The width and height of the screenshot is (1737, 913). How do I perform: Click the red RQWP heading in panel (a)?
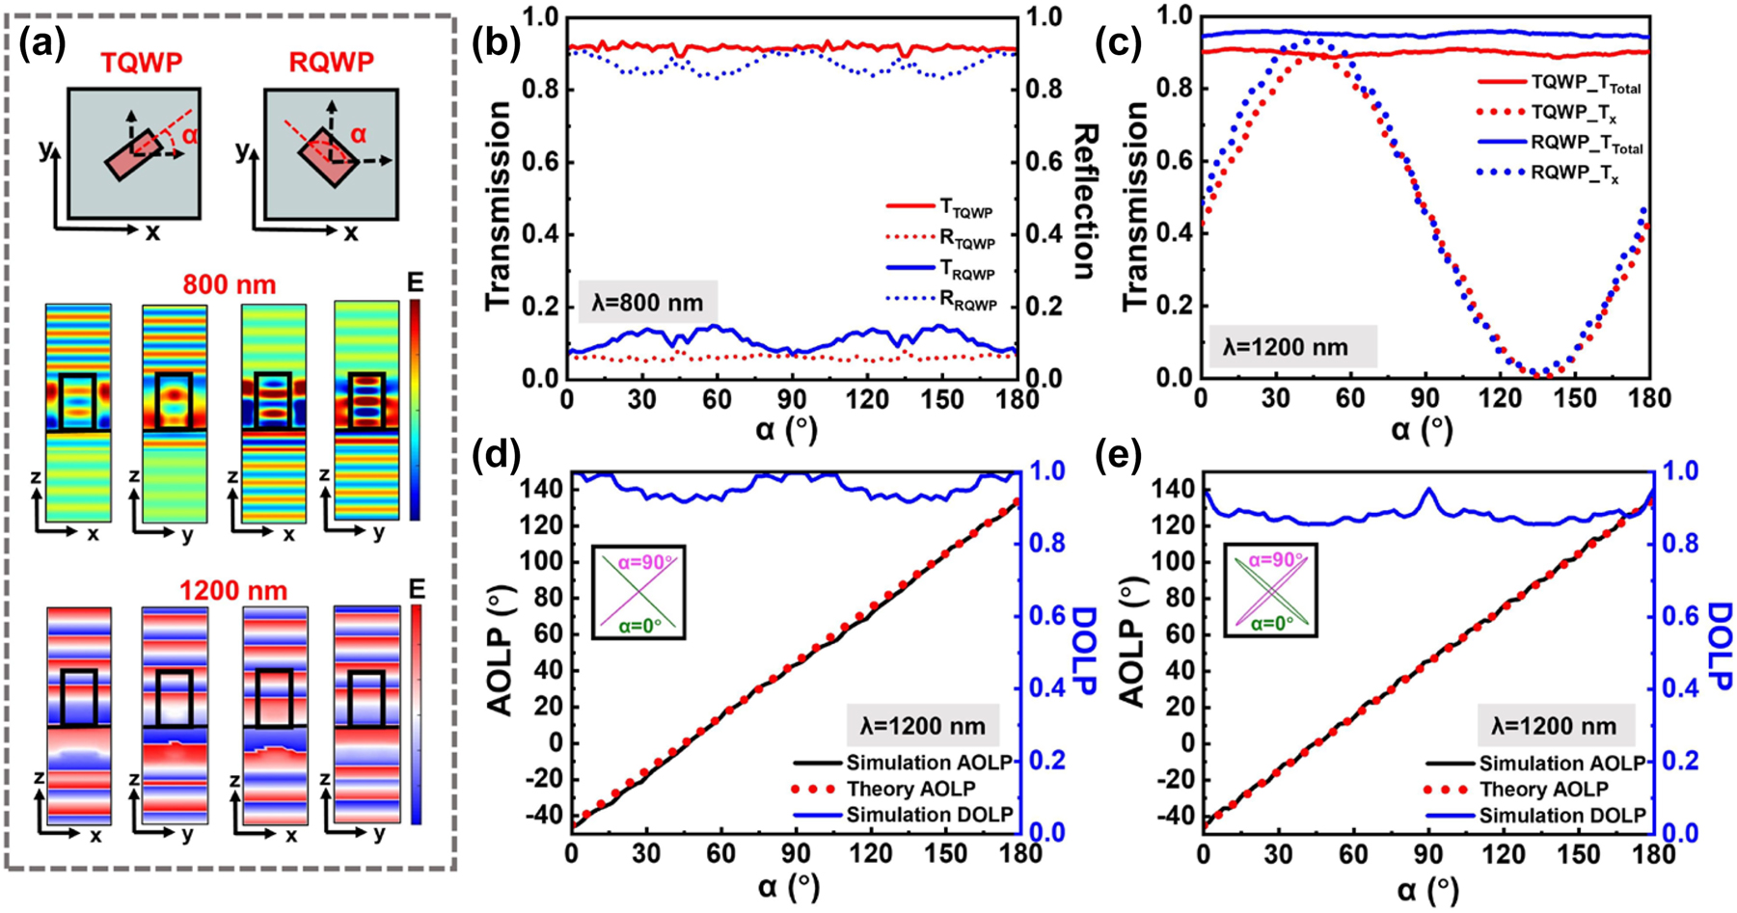click(332, 63)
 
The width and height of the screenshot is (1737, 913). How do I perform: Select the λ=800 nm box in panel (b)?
click(647, 303)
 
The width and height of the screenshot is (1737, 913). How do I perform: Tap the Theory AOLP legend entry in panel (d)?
click(907, 790)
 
